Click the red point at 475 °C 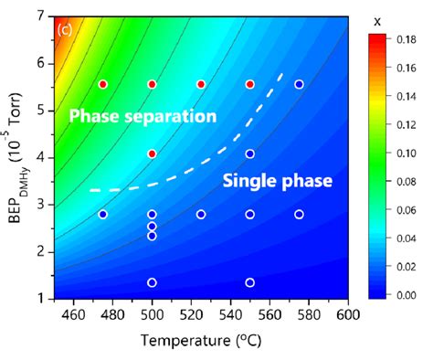[103, 84]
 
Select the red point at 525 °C [201, 84]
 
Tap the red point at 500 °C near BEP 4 [152, 154]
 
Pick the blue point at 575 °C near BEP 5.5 [299, 84]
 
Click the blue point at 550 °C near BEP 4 [249, 154]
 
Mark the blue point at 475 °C [103, 215]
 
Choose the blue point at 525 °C [201, 215]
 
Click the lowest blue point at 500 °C [152, 282]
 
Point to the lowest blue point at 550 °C [249, 282]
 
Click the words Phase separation [143, 117]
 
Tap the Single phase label [277, 182]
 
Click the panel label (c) [65, 28]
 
